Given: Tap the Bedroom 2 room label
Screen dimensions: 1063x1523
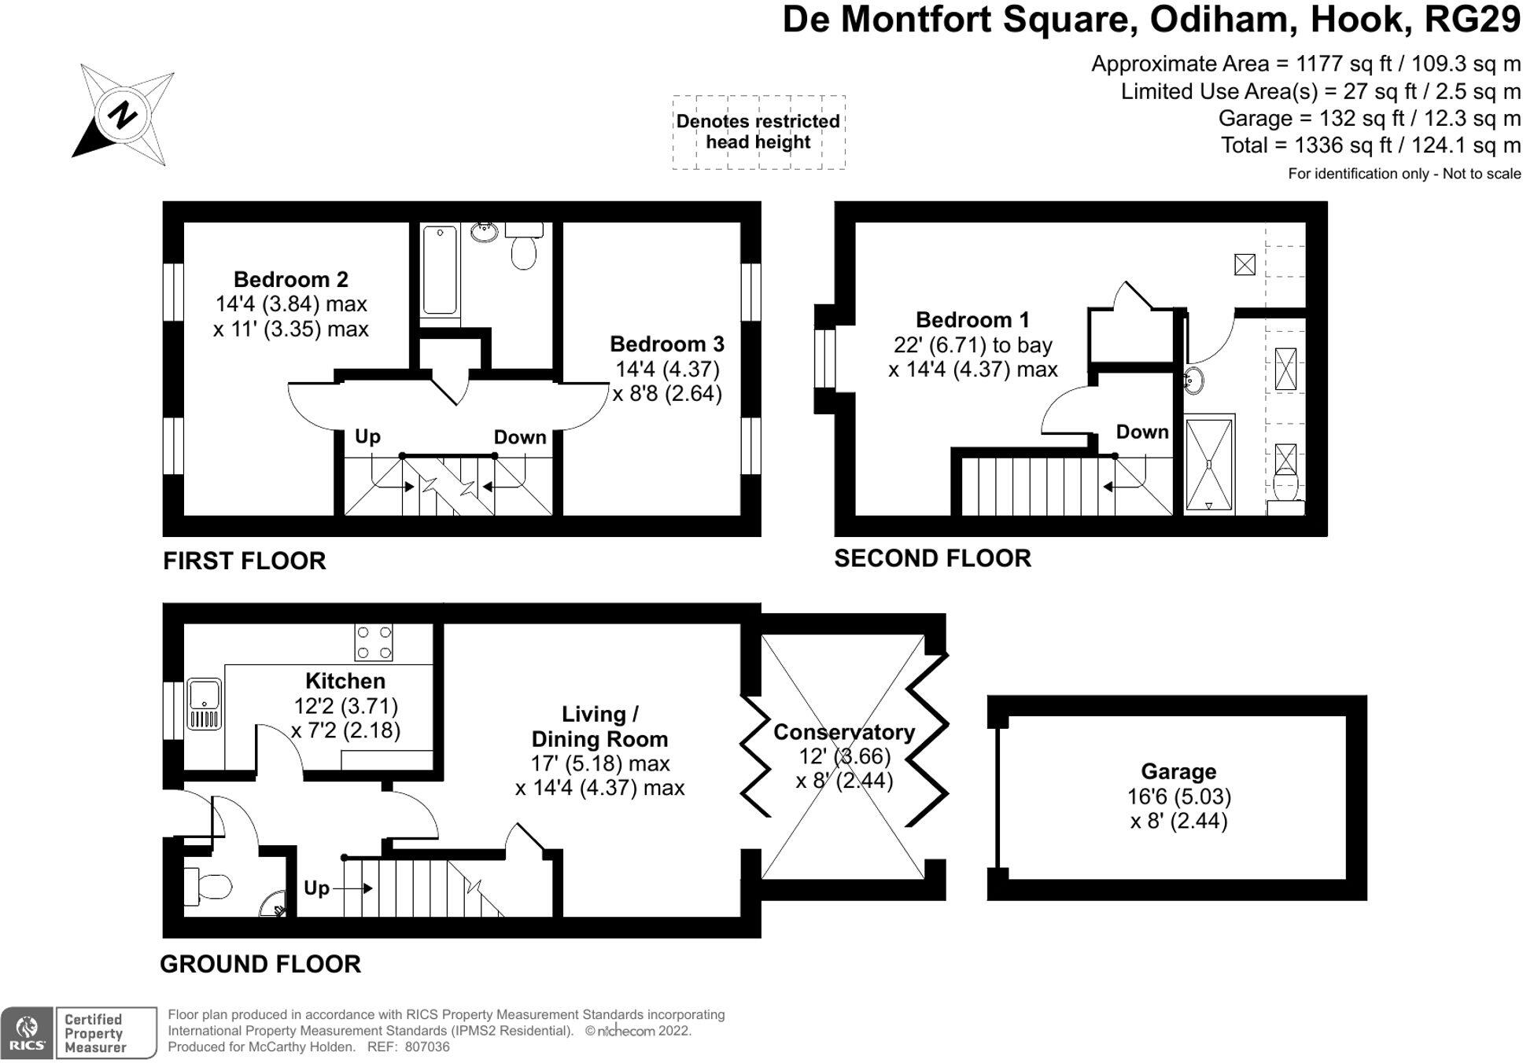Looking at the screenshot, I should pyautogui.click(x=290, y=280).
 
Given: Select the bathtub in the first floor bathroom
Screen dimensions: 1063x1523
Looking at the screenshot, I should pyautogui.click(x=439, y=270).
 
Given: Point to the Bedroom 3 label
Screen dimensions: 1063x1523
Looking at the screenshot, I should pyautogui.click(x=666, y=344).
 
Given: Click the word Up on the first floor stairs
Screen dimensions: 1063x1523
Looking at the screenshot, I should pyautogui.click(x=367, y=436).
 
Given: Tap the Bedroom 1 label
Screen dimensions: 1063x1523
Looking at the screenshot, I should pyautogui.click(x=972, y=320).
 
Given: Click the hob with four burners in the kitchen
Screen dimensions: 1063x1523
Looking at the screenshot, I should pyautogui.click(x=374, y=642).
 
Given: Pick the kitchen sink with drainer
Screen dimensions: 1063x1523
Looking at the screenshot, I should pyautogui.click(x=205, y=704).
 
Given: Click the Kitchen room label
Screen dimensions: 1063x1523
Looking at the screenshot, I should pyautogui.click(x=345, y=681).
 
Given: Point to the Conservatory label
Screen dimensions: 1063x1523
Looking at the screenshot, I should pyautogui.click(x=843, y=732).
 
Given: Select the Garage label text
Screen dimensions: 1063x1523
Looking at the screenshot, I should pyautogui.click(x=1178, y=771).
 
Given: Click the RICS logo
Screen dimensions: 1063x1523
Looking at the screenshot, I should pyautogui.click(x=27, y=1032).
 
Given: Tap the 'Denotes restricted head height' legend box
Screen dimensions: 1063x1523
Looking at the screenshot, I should pyautogui.click(x=758, y=132).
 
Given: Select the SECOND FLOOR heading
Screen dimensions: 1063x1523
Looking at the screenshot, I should pyautogui.click(x=932, y=558).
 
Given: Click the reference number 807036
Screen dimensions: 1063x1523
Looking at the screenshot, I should pyautogui.click(x=427, y=1047).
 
